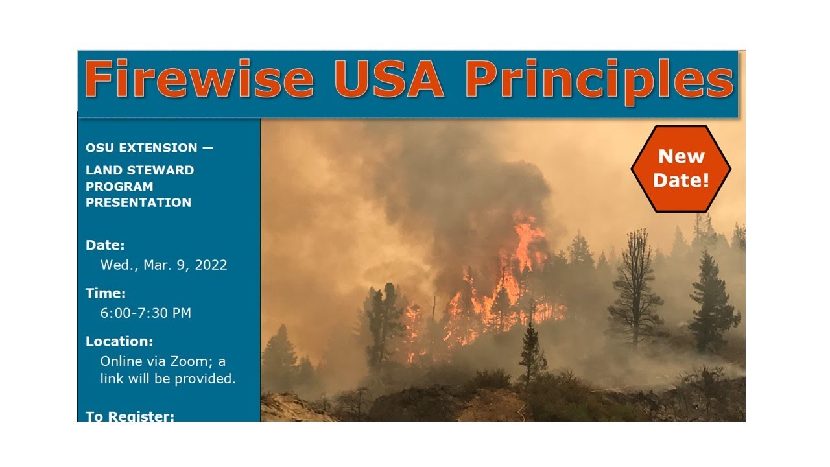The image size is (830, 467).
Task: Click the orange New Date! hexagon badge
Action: point(681,169)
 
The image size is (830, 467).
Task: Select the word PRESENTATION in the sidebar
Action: point(138,202)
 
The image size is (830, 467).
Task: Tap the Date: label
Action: point(105,246)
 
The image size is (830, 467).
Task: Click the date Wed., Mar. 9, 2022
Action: point(163,265)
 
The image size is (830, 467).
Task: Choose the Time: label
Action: point(106,293)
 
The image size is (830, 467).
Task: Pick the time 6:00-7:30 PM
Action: point(145,313)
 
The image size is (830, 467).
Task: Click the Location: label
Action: point(119,341)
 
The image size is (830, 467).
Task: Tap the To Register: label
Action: point(130,416)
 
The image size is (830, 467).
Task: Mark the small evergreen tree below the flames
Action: point(532,353)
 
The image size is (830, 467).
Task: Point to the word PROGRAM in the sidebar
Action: point(119,187)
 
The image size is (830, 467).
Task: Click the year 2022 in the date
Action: point(211,265)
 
